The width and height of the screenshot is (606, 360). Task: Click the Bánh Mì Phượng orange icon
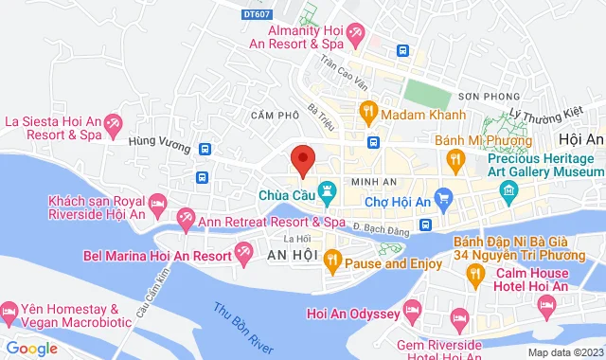coord(455,160)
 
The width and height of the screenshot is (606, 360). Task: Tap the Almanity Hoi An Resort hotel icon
coord(357,36)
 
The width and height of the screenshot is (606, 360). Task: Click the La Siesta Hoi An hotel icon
coord(113,123)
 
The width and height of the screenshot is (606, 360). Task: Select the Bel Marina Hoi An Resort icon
coord(243,252)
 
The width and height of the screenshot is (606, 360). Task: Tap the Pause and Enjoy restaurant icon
coord(332,259)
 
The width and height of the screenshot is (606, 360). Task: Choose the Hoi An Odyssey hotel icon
coord(412,309)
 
